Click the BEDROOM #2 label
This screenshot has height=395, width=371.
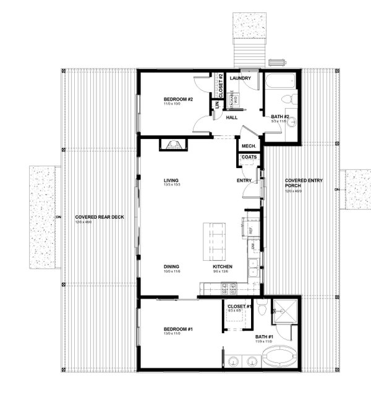(x=179, y=100)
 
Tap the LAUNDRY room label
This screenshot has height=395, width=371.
(x=239, y=79)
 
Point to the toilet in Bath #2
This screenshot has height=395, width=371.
(x=288, y=100)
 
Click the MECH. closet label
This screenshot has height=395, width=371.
(x=249, y=146)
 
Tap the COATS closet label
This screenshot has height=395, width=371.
(x=249, y=158)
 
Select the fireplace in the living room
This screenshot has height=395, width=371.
(x=170, y=145)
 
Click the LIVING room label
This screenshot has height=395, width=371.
(x=171, y=180)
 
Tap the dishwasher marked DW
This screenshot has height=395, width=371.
(x=253, y=246)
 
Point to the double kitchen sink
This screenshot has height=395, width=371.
(x=253, y=267)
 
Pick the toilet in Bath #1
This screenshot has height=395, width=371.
(x=262, y=307)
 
